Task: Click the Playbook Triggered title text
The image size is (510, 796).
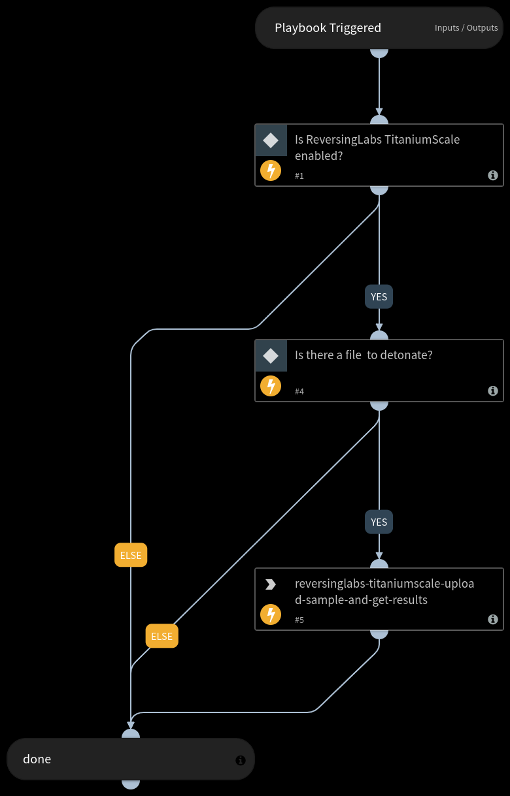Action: [x=328, y=28]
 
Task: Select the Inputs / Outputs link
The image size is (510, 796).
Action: [x=466, y=28]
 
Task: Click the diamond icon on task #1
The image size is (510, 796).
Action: [x=271, y=140]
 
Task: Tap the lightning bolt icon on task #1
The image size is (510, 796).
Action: [x=271, y=171]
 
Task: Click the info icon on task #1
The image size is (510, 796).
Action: [x=493, y=176]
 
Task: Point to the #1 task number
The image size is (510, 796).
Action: [x=299, y=176]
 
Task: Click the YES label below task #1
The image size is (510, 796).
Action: [x=379, y=297]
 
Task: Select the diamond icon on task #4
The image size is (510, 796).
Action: [x=271, y=356]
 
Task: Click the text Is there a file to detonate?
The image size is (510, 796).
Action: [x=364, y=355]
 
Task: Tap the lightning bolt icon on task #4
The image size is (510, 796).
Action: [x=271, y=387]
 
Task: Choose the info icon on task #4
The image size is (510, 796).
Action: [x=493, y=391]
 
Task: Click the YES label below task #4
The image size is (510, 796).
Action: [x=379, y=522]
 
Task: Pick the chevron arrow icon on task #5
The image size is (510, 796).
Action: [x=271, y=584]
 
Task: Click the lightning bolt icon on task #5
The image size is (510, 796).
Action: [x=271, y=615]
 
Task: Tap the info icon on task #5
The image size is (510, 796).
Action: [x=493, y=620]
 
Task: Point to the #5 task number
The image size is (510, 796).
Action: [x=299, y=620]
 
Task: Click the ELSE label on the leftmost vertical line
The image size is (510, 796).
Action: [x=131, y=556]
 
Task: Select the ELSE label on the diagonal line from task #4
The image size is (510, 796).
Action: [x=162, y=637]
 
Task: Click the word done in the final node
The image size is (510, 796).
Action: [x=37, y=759]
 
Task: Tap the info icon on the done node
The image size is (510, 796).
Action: [x=240, y=760]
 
